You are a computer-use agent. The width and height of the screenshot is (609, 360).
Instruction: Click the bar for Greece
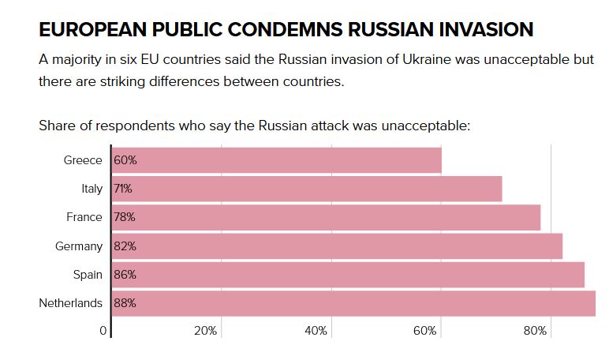click(x=276, y=160)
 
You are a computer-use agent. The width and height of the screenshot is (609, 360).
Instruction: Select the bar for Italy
click(x=306, y=189)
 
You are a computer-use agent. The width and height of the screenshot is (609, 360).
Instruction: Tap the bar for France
click(x=325, y=217)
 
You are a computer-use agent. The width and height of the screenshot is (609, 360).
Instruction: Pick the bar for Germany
click(x=336, y=246)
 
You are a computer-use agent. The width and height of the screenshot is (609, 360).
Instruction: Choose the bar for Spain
click(x=347, y=275)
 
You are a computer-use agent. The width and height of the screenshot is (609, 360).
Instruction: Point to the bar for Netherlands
click(x=353, y=303)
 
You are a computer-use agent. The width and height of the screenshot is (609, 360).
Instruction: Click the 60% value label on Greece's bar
click(x=125, y=160)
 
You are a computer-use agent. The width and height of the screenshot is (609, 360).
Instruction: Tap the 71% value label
click(x=124, y=189)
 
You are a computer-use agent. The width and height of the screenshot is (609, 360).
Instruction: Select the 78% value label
click(x=125, y=217)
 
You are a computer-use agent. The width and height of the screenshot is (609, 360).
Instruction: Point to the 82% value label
click(x=125, y=246)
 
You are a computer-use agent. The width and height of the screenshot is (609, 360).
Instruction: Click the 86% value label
click(x=125, y=275)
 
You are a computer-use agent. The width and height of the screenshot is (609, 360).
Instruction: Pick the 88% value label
click(x=125, y=303)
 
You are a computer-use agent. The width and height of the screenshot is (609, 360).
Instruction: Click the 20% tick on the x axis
click(x=205, y=331)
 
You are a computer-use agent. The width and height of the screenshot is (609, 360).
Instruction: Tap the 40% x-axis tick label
click(x=316, y=331)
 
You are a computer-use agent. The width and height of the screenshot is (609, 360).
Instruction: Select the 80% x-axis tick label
click(x=535, y=331)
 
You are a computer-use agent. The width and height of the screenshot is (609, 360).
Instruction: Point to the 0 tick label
click(x=103, y=331)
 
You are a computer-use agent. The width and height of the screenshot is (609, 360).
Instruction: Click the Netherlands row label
click(x=70, y=303)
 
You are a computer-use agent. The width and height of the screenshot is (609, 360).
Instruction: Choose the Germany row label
click(x=79, y=246)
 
